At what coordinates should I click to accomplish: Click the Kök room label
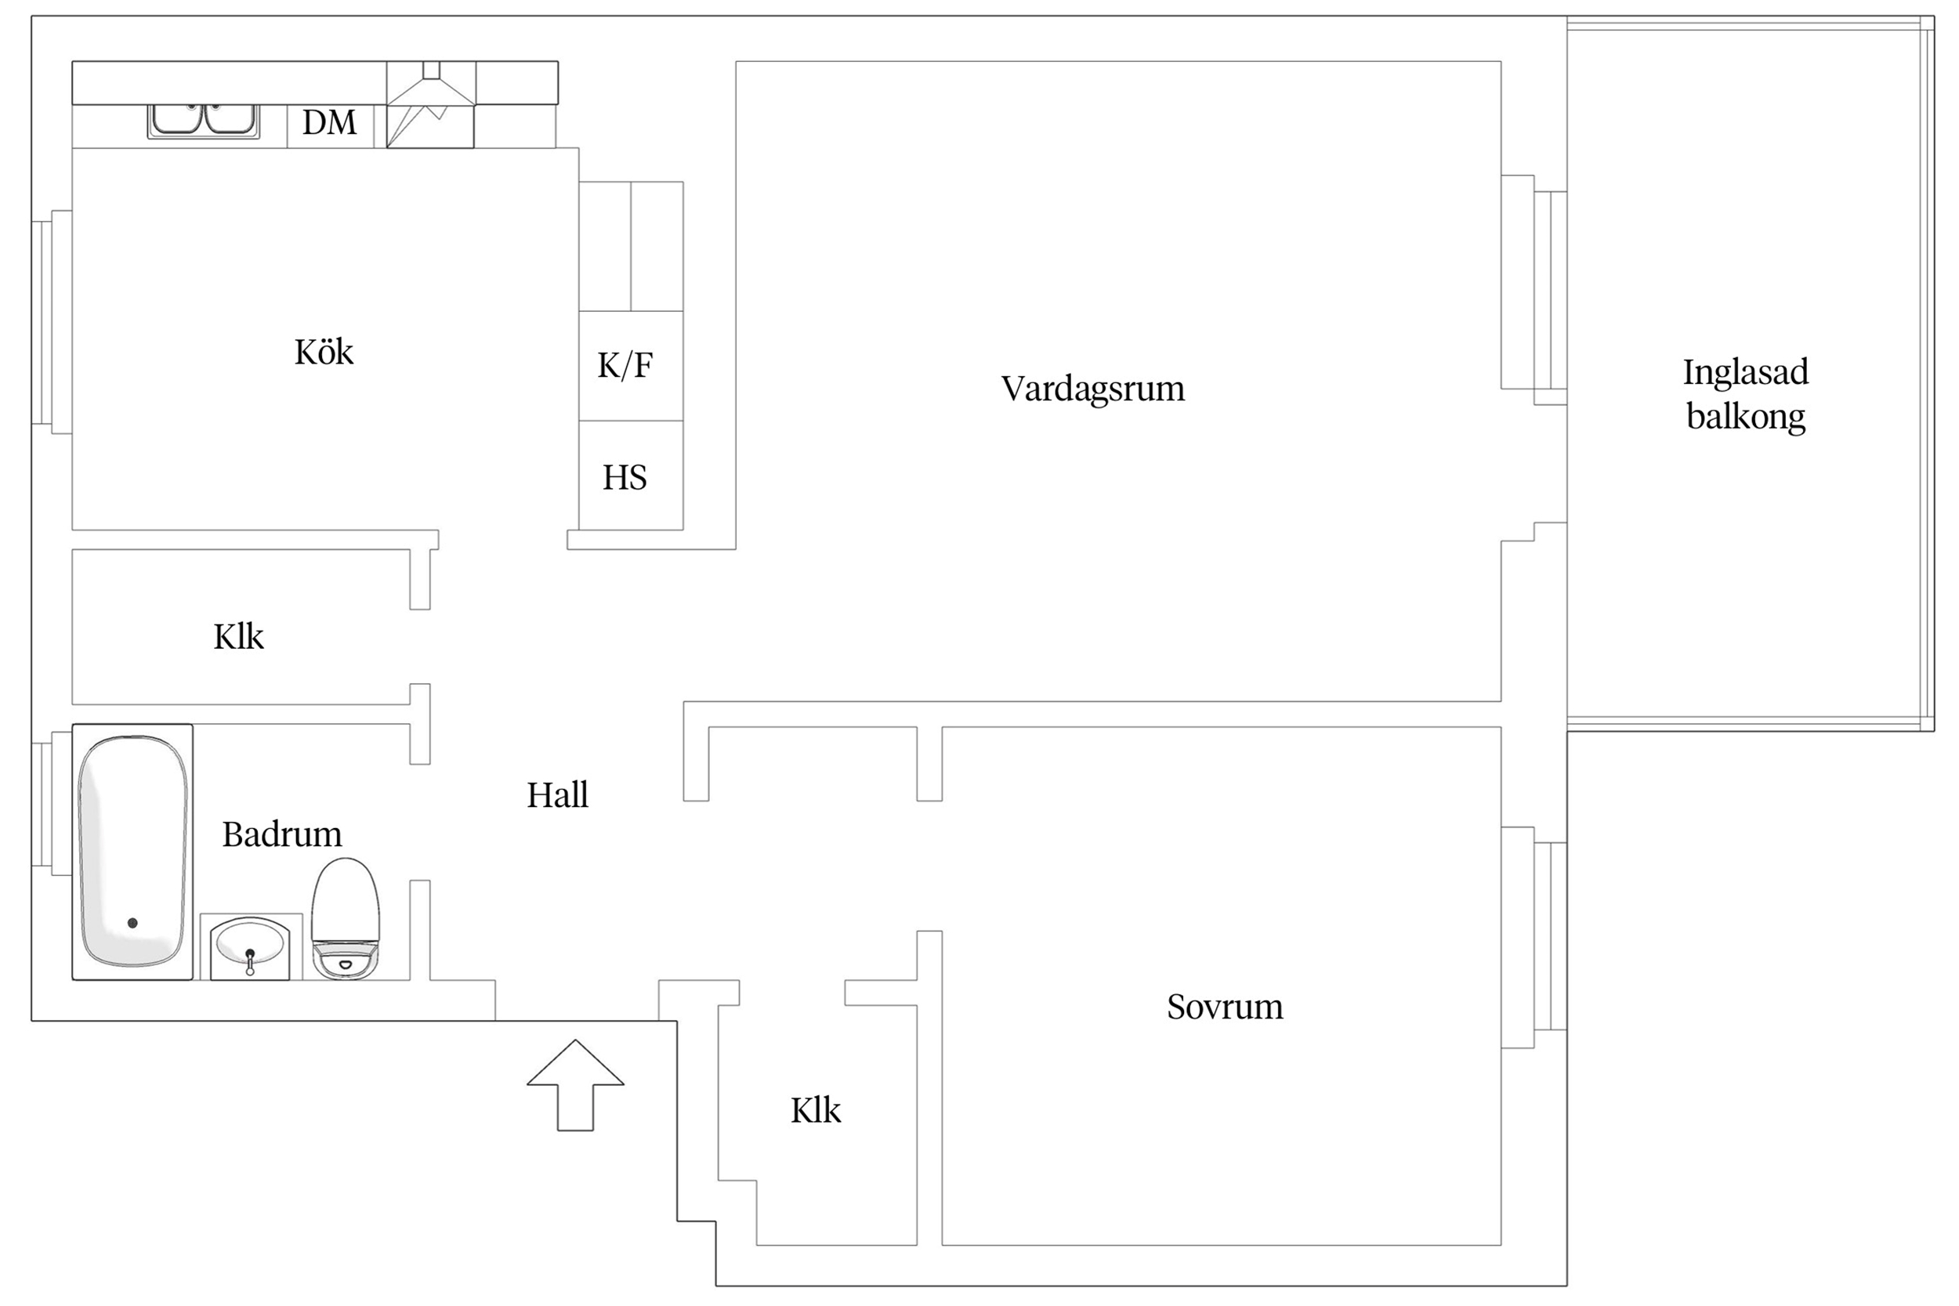pyautogui.click(x=323, y=353)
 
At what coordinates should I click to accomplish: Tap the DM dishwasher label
pyautogui.click(x=329, y=123)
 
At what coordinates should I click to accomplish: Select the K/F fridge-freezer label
pyautogui.click(x=625, y=366)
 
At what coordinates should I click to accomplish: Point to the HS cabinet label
pyautogui.click(x=625, y=478)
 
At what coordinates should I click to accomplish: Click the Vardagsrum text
pyautogui.click(x=1092, y=389)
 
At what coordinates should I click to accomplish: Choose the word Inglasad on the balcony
pyautogui.click(x=1745, y=372)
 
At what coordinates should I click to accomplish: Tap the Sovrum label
pyautogui.click(x=1224, y=1007)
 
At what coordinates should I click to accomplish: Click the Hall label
pyautogui.click(x=557, y=795)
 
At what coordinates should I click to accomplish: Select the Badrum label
pyautogui.click(x=281, y=834)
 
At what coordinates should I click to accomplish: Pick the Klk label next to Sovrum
pyautogui.click(x=816, y=1110)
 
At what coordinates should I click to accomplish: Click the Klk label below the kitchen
pyautogui.click(x=238, y=637)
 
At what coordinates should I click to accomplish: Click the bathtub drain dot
pyautogui.click(x=132, y=923)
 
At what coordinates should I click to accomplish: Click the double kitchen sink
pyautogui.click(x=203, y=120)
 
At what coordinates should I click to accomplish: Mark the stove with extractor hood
pyautogui.click(x=431, y=105)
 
